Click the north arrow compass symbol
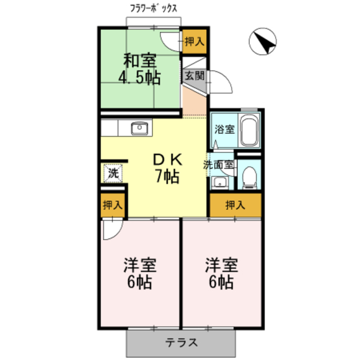click(263, 42)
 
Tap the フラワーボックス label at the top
click(154, 8)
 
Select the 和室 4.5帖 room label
click(139, 69)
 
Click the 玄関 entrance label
click(195, 76)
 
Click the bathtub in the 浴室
click(249, 130)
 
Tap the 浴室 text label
click(224, 129)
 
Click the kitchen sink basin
click(139, 128)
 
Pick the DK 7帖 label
click(168, 169)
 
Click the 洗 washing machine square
click(112, 173)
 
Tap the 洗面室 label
click(219, 165)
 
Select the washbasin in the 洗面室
click(219, 182)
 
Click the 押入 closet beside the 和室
click(195, 41)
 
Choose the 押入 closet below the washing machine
click(112, 205)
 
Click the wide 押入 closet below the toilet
click(236, 205)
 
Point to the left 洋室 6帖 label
click(140, 273)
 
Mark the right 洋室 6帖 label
click(222, 273)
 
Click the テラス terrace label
click(181, 343)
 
